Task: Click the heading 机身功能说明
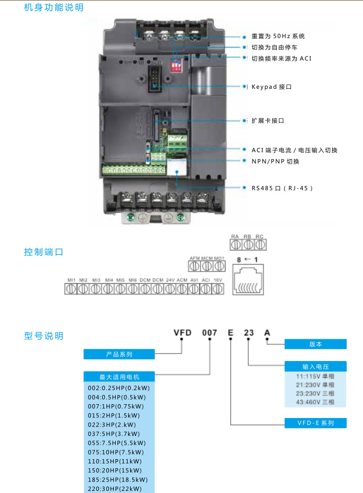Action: coord(53,8)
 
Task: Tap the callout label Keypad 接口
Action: coord(271,86)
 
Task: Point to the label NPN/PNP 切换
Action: coord(275,161)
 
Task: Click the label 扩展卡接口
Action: coord(268,120)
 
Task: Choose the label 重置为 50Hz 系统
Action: coord(278,36)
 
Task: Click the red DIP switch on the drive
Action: coord(177,64)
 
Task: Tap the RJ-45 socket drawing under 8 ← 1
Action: coord(249,281)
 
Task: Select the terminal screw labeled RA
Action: coord(236,245)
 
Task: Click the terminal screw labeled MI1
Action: coord(70,289)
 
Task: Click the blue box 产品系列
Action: coord(119,354)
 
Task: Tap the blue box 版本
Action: coord(315,344)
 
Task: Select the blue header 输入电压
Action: coord(315,367)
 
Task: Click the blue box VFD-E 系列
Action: coord(315,423)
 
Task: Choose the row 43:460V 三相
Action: coord(315,402)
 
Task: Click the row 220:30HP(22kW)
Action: coord(114,489)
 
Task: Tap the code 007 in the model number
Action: coord(210,332)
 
